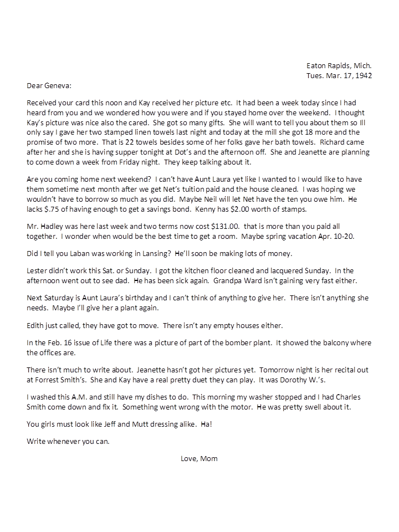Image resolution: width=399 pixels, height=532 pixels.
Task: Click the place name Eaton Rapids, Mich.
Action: pyautogui.click(x=339, y=65)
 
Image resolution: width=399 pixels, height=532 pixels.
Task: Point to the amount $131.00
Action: pyautogui.click(x=207, y=226)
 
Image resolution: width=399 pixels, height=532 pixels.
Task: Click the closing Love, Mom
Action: pyautogui.click(x=199, y=458)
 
